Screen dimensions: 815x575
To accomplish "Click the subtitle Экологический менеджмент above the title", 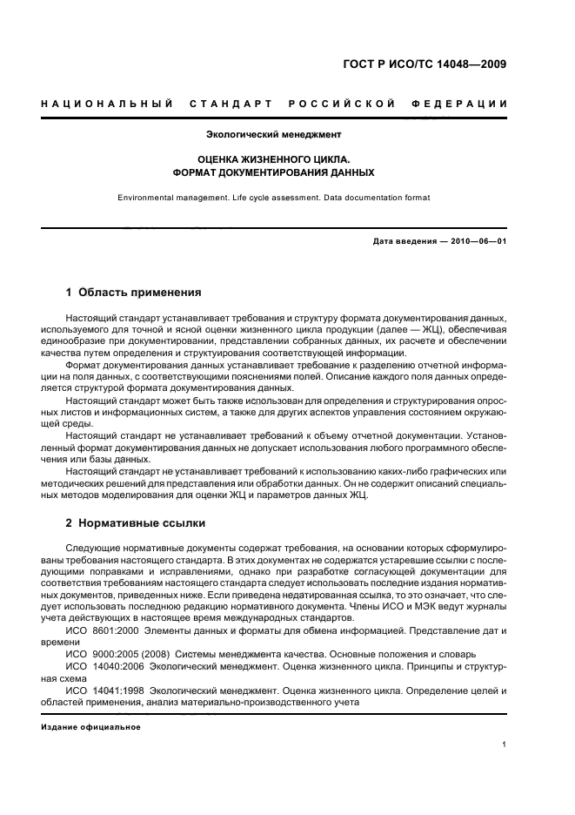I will [x=273, y=135].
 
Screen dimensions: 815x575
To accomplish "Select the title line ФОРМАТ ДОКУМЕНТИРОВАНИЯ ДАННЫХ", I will [x=273, y=172].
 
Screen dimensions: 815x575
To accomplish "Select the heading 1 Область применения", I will [x=133, y=293].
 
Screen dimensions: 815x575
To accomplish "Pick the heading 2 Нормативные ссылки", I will [x=135, y=523].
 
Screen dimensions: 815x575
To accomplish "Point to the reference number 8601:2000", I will [x=114, y=629].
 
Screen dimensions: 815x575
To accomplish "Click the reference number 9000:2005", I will [x=114, y=651].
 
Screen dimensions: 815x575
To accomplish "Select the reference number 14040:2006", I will [x=117, y=664].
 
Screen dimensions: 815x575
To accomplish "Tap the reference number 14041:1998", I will [x=117, y=690].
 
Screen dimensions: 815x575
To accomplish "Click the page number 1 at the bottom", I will [x=505, y=744].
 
